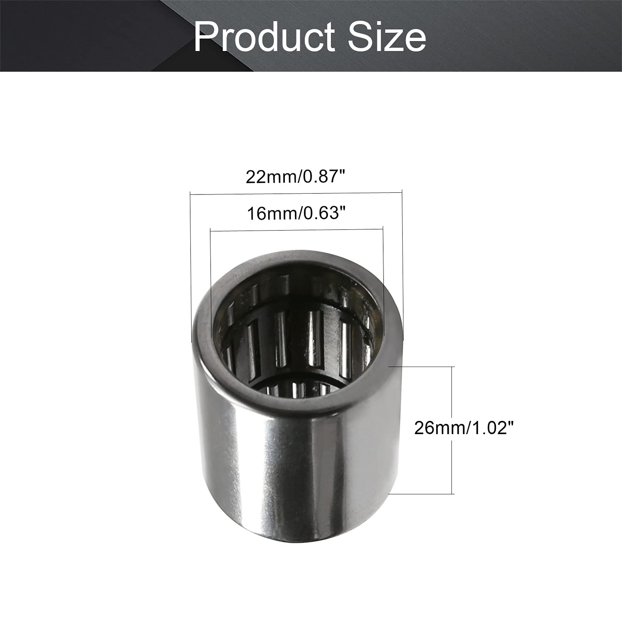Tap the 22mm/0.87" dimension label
coord(296,177)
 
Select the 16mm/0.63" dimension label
coord(296,214)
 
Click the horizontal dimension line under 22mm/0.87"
coord(296,193)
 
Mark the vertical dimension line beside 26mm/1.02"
coord(452,398)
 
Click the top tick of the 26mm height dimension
coord(420,367)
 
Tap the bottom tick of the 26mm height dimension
coord(420,494)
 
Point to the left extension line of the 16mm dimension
coord(211,282)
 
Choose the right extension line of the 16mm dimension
coord(383,282)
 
